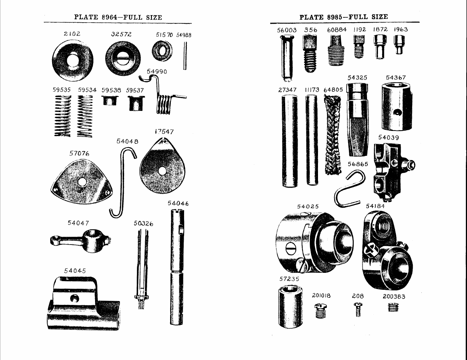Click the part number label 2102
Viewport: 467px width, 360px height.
[x=72, y=34]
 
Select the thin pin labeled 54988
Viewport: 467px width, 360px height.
[x=185, y=56]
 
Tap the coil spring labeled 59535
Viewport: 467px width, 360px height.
[x=62, y=116]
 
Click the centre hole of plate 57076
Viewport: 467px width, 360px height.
[x=82, y=182]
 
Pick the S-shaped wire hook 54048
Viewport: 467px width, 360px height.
[x=123, y=182]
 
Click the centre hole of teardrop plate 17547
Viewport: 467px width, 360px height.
[x=162, y=171]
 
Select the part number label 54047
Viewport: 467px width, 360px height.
[x=78, y=223]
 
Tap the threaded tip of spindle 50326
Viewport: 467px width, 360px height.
[x=141, y=305]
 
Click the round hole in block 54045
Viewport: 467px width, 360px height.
[x=74, y=298]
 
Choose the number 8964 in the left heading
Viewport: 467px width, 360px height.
[x=110, y=17]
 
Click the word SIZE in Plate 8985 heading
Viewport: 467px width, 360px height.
[x=380, y=17]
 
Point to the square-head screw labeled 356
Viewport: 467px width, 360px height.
[x=310, y=54]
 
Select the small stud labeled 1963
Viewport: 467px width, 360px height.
[x=399, y=45]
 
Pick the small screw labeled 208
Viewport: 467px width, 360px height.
[x=358, y=309]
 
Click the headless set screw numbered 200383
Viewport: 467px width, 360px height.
[x=393, y=307]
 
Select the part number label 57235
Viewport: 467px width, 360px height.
[x=289, y=279]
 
